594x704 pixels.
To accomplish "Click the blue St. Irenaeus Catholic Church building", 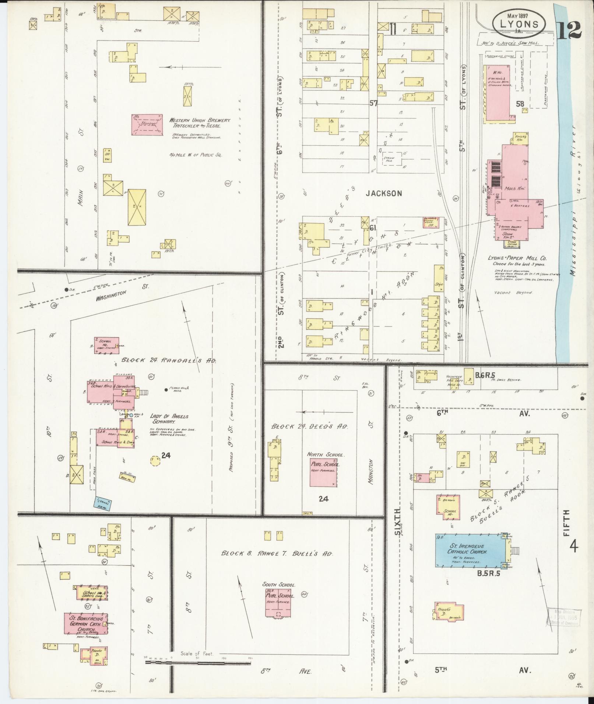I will click(x=470, y=551).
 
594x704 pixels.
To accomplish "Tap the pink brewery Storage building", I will click(x=147, y=124).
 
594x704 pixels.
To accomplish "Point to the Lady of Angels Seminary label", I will click(x=169, y=419).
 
